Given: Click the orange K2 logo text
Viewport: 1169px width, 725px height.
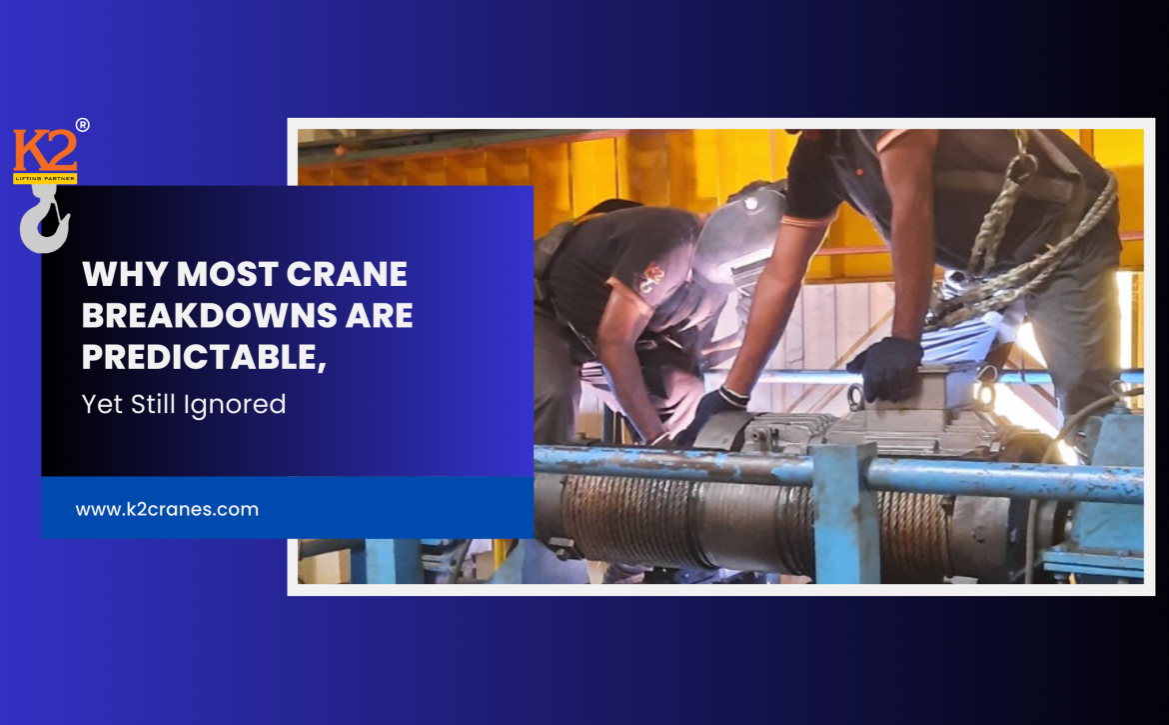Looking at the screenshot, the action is [45, 150].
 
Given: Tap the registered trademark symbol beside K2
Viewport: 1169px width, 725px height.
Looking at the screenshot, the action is [83, 125].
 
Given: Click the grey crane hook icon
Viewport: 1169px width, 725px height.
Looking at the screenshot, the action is [45, 219].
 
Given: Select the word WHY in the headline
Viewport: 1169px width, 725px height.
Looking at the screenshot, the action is [125, 274].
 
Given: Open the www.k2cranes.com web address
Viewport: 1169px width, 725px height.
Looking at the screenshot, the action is [167, 509].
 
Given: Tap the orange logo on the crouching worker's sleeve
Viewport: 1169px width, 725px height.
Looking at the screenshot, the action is [650, 278].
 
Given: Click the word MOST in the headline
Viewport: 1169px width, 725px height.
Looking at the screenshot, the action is [228, 274].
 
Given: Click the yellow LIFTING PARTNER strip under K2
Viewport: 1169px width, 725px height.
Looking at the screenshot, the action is [45, 178].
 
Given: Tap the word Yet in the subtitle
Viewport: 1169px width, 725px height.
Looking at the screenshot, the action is [102, 404].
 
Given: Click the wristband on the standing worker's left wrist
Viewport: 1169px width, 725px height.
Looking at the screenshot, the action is [734, 395].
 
